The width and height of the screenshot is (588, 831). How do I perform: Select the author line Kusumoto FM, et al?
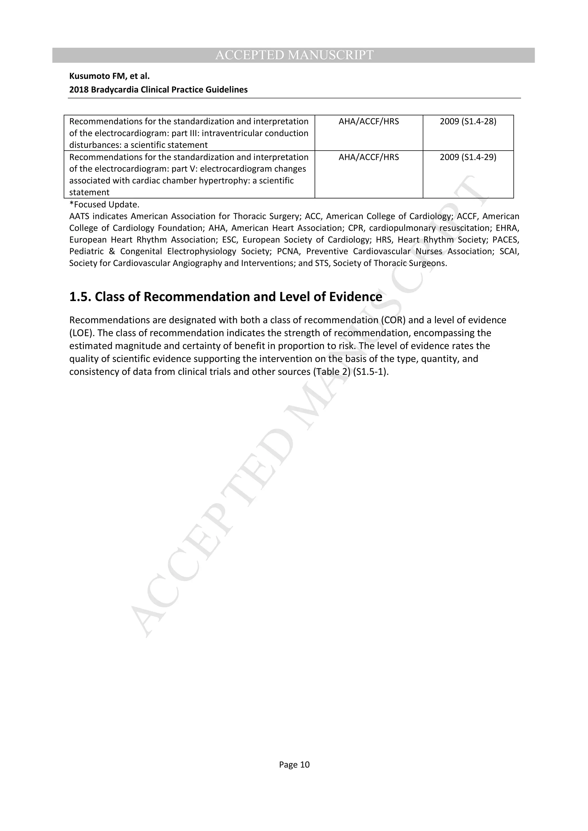(109, 76)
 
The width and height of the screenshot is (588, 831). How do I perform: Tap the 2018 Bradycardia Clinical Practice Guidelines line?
(158, 89)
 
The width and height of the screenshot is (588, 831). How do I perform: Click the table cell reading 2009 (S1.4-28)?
(468, 121)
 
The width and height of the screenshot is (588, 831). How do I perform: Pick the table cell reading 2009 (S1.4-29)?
(468, 157)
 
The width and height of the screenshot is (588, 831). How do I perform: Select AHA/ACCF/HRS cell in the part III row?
(368, 121)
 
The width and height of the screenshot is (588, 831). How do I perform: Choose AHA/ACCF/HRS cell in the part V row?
(368, 157)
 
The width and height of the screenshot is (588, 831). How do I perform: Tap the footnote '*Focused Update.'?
(104, 204)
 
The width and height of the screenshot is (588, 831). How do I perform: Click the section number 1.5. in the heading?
(80, 297)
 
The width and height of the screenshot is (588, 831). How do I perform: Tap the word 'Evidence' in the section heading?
(355, 297)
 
